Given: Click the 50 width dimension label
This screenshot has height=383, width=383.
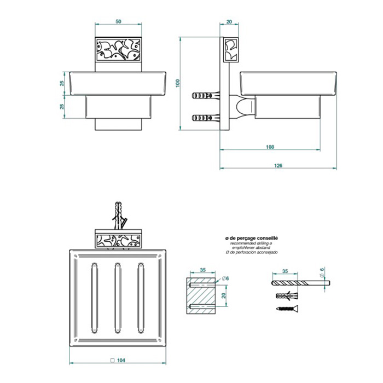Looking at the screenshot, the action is pos(118,21).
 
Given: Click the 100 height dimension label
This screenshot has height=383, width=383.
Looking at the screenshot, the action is pos(178,83).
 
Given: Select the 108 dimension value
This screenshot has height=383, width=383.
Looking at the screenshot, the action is pos(270,147).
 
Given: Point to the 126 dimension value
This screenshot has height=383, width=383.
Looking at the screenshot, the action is pos(278,165).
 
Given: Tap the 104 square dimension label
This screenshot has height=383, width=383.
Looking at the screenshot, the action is pos(118,360).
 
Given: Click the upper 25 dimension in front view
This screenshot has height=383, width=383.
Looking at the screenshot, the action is pos(62,83).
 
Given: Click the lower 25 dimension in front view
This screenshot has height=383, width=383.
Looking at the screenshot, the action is pos(62,107).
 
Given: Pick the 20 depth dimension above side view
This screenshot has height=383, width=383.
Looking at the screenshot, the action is pos(229,21).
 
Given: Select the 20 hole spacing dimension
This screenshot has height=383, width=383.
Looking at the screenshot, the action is pos(223,295).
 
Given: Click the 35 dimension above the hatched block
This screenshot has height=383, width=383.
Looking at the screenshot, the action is pos(203,270).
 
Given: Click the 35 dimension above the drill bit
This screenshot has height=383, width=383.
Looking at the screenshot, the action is pos(285,271).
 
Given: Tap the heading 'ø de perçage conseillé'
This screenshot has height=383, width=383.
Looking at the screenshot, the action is pos(252,238).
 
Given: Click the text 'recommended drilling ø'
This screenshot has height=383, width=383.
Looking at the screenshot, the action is pos(251,243).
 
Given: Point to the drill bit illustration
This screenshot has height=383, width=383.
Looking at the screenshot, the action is pos(301,283).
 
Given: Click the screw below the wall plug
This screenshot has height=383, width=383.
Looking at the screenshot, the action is pos(287,309).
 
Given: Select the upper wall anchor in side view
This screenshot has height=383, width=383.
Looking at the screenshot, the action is pos(206,95).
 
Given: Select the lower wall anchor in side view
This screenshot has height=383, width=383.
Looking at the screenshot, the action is pos(206,118).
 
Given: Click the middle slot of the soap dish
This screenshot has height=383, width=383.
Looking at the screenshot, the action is pos(118,298).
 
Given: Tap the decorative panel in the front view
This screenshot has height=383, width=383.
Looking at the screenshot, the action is pos(118,50).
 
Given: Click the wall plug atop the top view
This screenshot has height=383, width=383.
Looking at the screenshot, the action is pos(119,215).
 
